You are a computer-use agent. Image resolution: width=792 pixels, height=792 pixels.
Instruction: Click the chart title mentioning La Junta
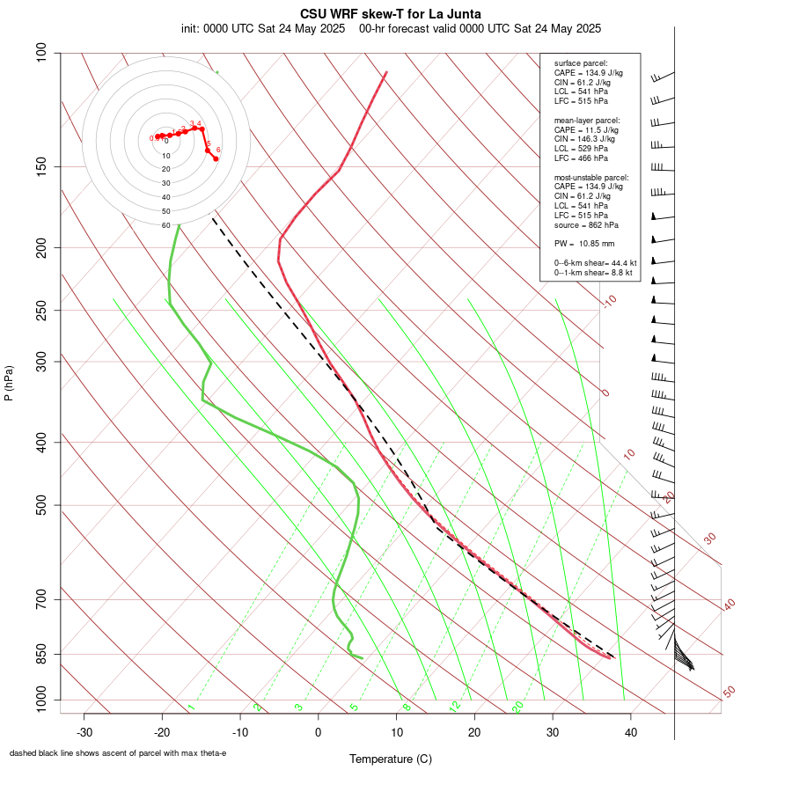click(391, 13)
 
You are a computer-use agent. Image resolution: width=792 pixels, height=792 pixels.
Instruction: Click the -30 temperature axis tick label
click(84, 732)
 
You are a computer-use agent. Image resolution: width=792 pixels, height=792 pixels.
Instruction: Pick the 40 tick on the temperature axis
click(631, 732)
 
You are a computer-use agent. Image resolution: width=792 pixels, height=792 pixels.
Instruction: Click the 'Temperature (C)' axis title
click(390, 759)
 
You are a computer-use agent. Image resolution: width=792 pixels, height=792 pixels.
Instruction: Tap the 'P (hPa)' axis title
click(9, 384)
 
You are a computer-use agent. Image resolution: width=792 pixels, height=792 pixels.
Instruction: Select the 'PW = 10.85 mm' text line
click(584, 243)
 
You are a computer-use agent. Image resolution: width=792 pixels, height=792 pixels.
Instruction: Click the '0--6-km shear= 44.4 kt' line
click(595, 263)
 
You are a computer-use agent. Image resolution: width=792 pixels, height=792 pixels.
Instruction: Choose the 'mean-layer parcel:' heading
click(587, 120)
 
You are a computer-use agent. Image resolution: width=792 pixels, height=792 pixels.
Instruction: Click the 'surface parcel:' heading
click(581, 63)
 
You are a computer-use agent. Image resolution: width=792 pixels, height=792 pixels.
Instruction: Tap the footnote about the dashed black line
click(118, 753)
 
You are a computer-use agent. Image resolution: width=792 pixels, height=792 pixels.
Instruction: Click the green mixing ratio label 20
click(517, 706)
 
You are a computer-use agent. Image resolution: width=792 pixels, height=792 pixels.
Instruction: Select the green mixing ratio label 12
click(455, 706)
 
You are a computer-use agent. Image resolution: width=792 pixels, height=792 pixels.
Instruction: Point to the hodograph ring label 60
click(166, 225)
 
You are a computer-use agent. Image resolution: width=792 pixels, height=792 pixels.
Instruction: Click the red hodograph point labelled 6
click(216, 158)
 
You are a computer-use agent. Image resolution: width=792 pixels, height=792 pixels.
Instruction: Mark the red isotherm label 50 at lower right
click(729, 693)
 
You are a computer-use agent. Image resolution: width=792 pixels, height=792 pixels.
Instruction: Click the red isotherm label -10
click(609, 302)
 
